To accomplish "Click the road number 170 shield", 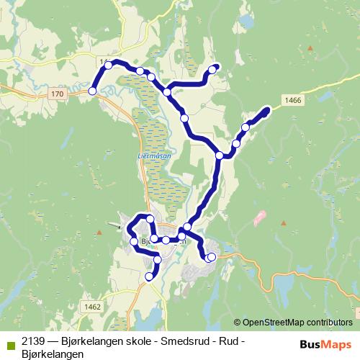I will (x=58, y=94).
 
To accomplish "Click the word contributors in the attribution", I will (x=328, y=322).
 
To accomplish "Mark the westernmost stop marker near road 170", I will (x=92, y=91).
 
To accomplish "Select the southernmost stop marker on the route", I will (x=150, y=276).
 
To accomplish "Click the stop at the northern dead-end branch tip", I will (x=212, y=70).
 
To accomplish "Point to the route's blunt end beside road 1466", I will (x=266, y=110).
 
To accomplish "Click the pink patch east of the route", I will (x=259, y=217).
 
